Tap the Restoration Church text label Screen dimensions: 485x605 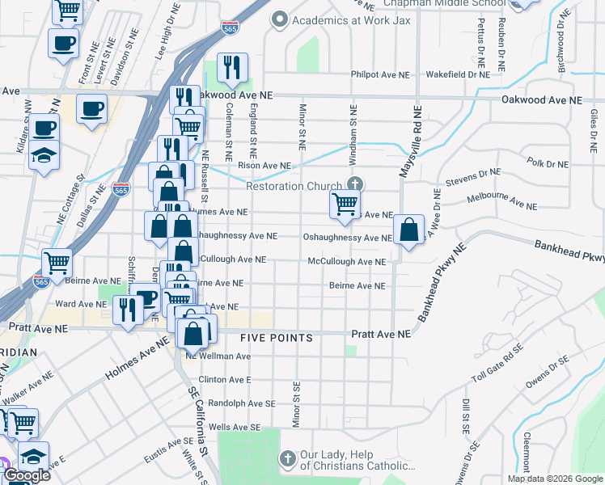click(294, 186)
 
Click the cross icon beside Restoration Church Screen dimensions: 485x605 click(352, 181)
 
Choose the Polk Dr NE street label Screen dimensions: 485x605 click(548, 164)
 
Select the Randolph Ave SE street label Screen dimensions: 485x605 click(242, 403)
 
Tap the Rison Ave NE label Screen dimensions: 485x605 click(264, 166)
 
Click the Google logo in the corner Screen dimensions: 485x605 click(27, 476)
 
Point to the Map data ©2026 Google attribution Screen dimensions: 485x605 click(554, 479)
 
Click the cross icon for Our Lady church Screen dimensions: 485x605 click(286, 458)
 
